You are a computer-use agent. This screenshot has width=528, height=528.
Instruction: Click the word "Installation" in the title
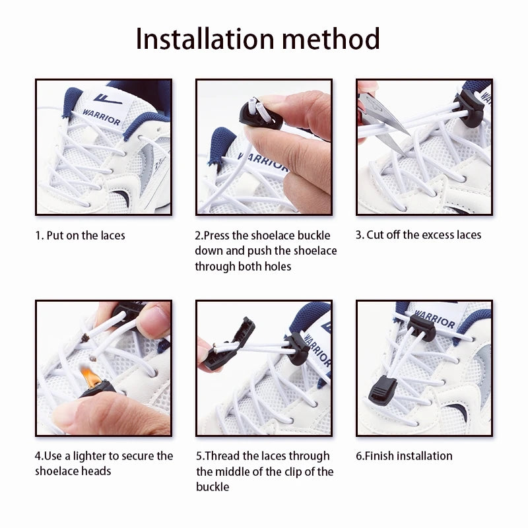point(205,38)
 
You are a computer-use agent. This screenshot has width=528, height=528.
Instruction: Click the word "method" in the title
point(331,38)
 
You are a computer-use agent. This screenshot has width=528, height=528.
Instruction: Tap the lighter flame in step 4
point(90,377)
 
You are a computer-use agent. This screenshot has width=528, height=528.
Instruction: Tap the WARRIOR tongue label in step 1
point(104,108)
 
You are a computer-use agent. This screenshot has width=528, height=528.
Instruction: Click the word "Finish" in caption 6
point(379,456)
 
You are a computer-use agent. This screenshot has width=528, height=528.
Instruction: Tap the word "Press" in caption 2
point(216,236)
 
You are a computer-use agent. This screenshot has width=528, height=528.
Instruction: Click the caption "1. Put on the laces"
point(80,236)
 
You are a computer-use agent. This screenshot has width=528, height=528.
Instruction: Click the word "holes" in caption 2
point(278,267)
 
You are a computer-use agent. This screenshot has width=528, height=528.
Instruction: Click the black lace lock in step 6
point(422,327)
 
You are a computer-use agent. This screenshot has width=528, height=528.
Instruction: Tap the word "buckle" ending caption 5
point(213,487)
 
